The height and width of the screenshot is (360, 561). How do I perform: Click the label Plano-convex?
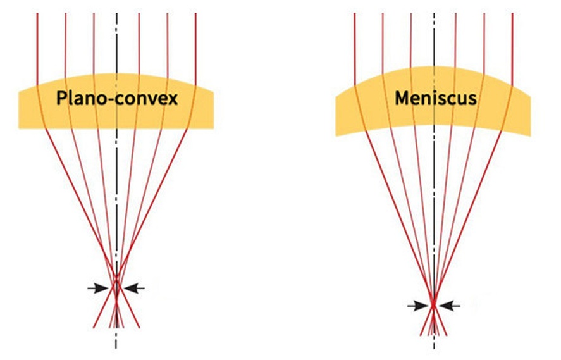(116, 99)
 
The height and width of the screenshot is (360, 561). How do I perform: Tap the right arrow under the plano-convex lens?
(134, 288)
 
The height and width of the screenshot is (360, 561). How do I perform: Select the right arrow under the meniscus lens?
(450, 306)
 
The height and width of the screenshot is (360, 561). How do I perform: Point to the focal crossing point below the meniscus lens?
(433, 306)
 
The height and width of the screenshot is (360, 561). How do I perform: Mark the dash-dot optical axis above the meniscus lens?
(433, 38)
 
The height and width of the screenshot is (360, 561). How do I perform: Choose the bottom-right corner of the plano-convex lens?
(213, 128)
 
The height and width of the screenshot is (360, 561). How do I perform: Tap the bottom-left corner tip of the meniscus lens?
(336, 135)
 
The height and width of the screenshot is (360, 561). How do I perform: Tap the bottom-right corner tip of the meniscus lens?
(530, 135)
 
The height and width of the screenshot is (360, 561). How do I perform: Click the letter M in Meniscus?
(403, 99)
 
